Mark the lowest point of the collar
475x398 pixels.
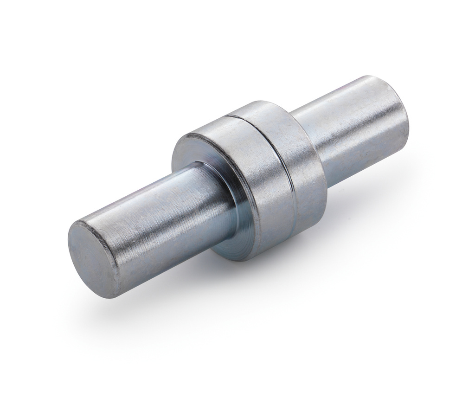point(241,260)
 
